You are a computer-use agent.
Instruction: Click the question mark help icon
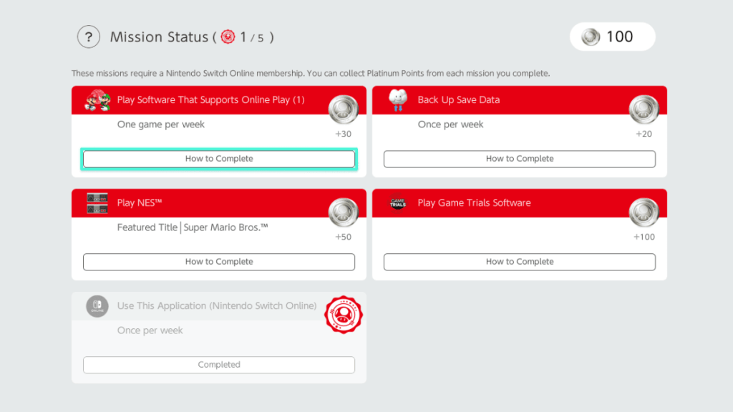click(x=88, y=37)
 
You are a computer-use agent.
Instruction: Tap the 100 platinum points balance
click(x=613, y=36)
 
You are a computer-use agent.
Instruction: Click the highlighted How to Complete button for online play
click(x=219, y=159)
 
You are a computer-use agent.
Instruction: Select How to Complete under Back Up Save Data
click(x=520, y=159)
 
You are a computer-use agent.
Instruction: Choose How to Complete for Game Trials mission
click(x=520, y=262)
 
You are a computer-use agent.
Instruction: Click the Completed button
click(x=219, y=365)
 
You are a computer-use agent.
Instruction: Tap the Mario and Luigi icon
click(x=97, y=100)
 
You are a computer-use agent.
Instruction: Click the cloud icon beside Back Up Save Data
click(x=398, y=100)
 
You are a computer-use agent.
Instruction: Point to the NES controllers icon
click(x=97, y=203)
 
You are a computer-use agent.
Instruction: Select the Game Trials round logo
click(x=398, y=202)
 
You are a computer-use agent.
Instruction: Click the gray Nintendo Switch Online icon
click(x=97, y=306)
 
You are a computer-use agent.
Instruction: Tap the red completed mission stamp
click(x=344, y=315)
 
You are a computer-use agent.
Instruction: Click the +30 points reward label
click(x=343, y=134)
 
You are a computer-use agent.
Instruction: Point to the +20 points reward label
click(x=644, y=134)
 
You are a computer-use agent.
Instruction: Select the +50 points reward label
click(x=343, y=237)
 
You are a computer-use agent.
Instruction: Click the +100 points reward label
click(x=644, y=237)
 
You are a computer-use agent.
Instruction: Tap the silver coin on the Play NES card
click(x=344, y=212)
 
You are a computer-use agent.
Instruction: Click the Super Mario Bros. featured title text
click(x=225, y=227)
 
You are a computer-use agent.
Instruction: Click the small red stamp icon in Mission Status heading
click(x=228, y=36)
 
